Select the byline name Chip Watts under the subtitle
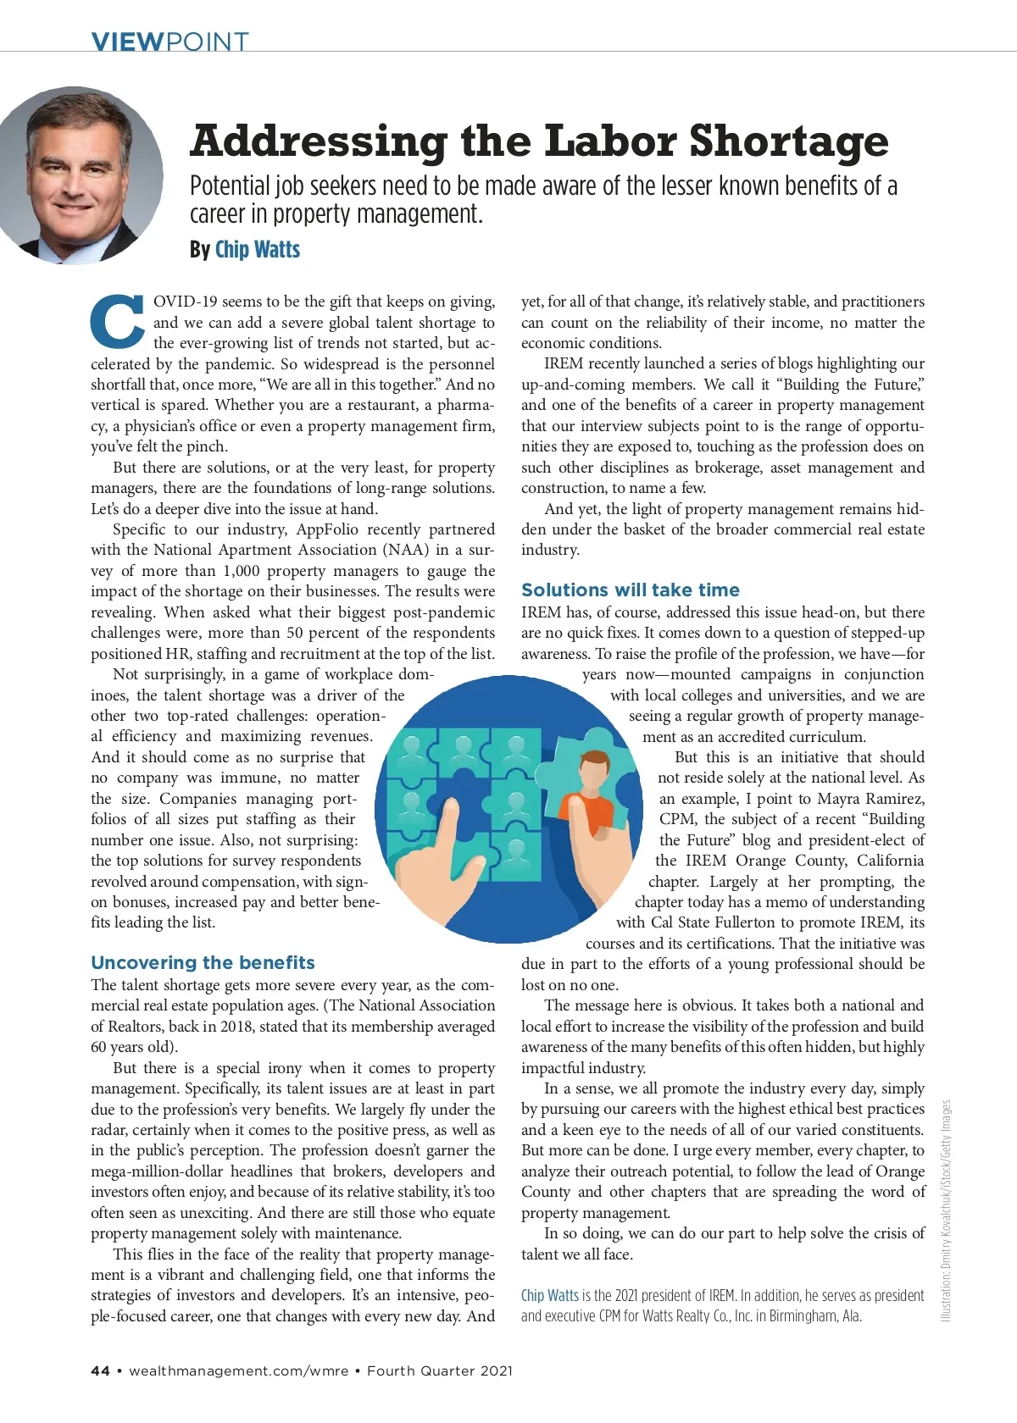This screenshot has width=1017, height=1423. tap(258, 249)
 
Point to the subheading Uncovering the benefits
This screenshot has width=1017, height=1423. tap(203, 962)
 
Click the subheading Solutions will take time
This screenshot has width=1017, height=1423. tap(630, 590)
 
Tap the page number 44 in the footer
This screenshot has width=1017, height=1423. tap(100, 1370)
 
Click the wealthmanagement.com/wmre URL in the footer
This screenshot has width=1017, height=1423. tap(239, 1370)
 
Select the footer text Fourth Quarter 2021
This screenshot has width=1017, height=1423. tap(440, 1370)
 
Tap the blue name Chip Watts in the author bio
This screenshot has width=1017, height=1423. tap(549, 1295)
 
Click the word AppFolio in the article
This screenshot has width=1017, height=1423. tap(327, 529)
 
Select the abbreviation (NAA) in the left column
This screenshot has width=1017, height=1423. tap(409, 550)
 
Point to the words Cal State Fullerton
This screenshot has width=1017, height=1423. tap(725, 922)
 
